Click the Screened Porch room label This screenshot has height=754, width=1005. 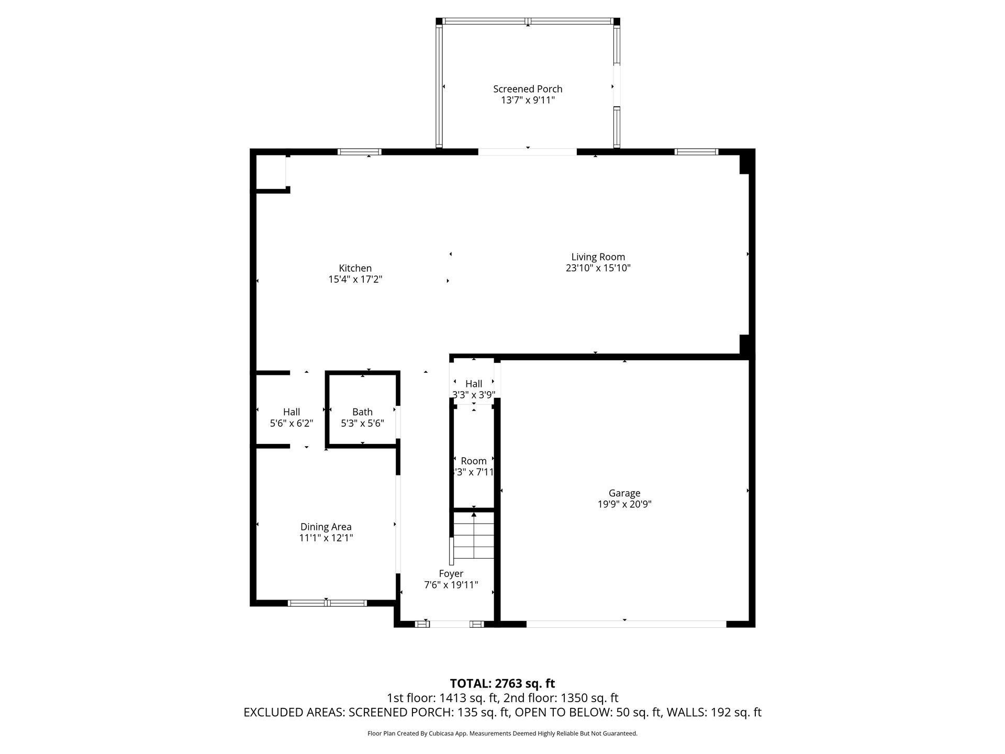(528, 89)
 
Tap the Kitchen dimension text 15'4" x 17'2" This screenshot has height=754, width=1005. (355, 280)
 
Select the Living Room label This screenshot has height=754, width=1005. (598, 257)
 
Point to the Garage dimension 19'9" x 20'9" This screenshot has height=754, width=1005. (624, 504)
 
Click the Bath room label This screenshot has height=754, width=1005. (362, 412)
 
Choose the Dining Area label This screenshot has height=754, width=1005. (326, 527)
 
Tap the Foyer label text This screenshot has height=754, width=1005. (451, 574)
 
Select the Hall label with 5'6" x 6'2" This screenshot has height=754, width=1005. (291, 412)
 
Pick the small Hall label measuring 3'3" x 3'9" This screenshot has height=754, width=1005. (473, 384)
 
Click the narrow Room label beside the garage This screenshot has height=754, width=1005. (473, 461)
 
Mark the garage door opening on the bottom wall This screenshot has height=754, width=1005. (626, 624)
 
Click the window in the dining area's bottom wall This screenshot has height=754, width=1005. (327, 603)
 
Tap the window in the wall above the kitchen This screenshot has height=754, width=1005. (359, 152)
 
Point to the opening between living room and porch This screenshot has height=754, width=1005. (527, 152)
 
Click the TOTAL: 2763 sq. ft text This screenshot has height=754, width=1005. (502, 683)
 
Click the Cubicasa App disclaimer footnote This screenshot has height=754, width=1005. (502, 734)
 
